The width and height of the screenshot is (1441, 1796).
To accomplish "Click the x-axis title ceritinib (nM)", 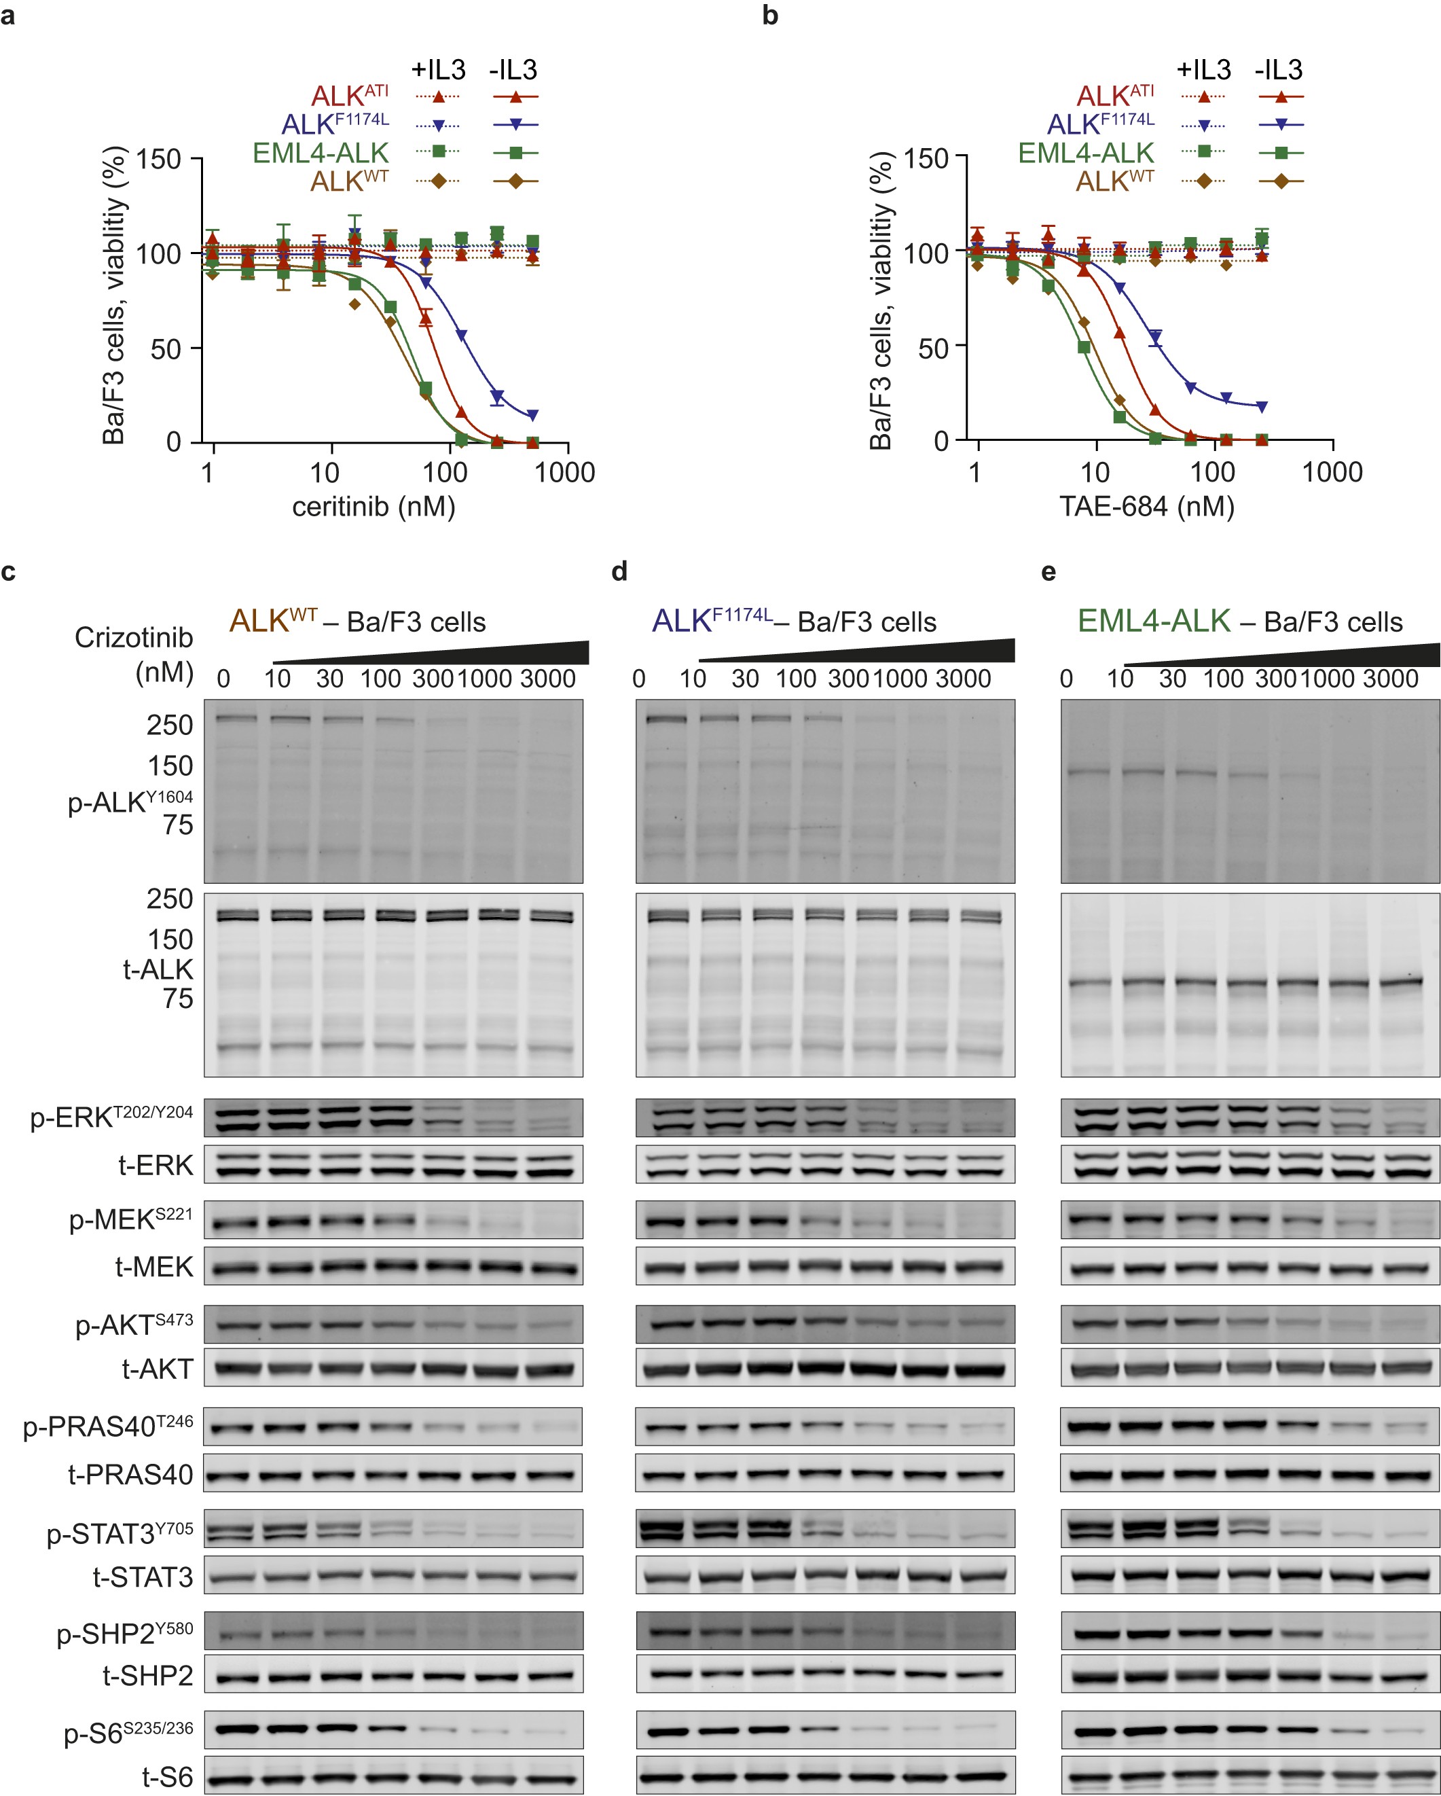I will (x=373, y=507).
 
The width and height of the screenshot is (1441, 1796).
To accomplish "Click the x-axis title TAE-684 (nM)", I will (x=1146, y=507).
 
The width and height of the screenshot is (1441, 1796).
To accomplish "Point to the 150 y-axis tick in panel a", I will (x=158, y=158).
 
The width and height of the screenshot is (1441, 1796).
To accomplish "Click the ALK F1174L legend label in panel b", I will (x=1099, y=124).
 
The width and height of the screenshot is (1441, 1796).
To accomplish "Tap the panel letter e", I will (x=1048, y=571).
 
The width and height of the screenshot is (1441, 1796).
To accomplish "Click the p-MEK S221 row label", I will (x=131, y=1219).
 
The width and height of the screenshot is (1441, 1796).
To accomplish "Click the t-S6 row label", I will (x=166, y=1777).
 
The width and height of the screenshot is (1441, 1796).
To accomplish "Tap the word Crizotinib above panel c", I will (x=133, y=637).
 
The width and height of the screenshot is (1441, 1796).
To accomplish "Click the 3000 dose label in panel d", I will (x=963, y=679).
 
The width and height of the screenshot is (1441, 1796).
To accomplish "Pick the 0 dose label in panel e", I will (x=1066, y=679).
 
